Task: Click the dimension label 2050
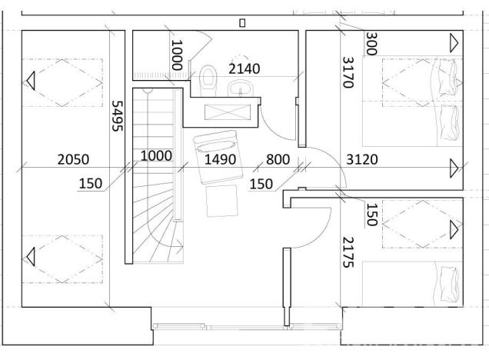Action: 73,159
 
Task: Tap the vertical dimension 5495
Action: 118,115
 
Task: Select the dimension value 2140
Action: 244,68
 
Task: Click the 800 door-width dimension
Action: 278,159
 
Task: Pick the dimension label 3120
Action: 362,159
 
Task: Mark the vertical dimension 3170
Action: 348,72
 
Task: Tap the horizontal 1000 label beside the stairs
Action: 156,155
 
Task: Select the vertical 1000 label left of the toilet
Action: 177,55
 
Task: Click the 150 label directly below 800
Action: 261,183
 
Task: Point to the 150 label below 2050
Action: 91,183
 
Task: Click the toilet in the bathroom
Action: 208,78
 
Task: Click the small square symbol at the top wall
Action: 242,23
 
